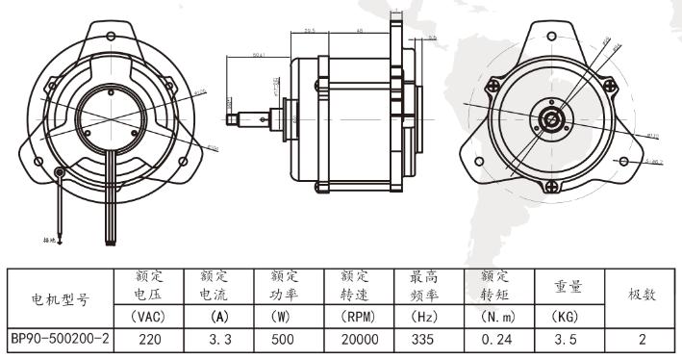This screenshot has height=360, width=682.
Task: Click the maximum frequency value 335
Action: (424, 339)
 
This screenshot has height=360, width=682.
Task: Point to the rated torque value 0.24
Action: (495, 339)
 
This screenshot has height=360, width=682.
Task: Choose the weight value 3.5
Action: (565, 339)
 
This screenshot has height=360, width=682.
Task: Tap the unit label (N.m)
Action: (495, 316)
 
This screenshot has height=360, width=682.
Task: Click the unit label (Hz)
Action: (424, 316)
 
